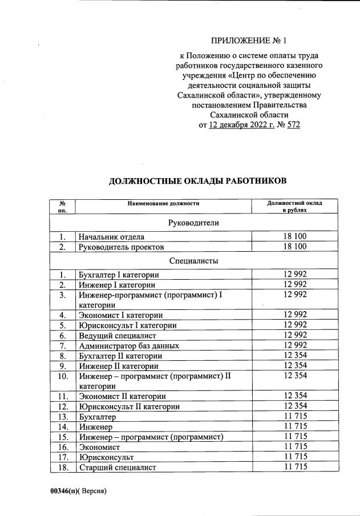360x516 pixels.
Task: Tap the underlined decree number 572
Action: point(292,124)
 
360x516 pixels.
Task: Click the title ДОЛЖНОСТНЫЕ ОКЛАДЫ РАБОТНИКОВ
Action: point(197,181)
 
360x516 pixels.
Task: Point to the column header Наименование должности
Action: point(163,203)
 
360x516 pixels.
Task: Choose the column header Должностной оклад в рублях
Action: point(294,207)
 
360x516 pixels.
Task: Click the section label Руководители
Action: point(194,223)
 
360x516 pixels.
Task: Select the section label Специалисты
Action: point(194,261)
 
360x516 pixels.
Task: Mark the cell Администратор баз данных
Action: point(129,345)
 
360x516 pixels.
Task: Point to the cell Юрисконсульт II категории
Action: point(130,406)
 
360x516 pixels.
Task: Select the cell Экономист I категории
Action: point(120,315)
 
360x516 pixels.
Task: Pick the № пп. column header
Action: point(62,207)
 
